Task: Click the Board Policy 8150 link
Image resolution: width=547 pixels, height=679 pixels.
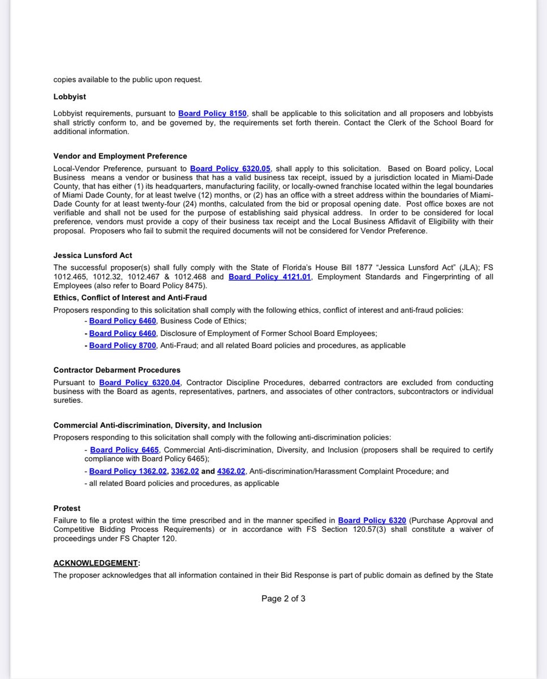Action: pyautogui.click(x=212, y=114)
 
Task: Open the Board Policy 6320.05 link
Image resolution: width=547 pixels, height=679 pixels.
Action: pyautogui.click(x=230, y=169)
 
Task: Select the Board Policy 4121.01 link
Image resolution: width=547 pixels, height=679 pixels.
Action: pyautogui.click(x=269, y=277)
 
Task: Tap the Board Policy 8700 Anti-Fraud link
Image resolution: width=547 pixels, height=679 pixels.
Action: pyautogui.click(x=122, y=345)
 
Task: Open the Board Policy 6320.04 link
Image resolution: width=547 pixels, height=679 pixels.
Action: pyautogui.click(x=139, y=383)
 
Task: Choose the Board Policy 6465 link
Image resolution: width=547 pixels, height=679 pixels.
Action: pyautogui.click(x=124, y=450)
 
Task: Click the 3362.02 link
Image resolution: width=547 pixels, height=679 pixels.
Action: pyautogui.click(x=185, y=471)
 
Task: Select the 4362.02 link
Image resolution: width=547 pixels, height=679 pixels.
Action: pyautogui.click(x=231, y=471)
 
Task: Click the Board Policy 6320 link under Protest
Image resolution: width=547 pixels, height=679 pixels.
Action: pyautogui.click(x=372, y=520)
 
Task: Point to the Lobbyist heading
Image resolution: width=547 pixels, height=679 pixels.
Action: pyautogui.click(x=70, y=97)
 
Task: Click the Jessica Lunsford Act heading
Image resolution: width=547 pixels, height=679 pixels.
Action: pyautogui.click(x=93, y=256)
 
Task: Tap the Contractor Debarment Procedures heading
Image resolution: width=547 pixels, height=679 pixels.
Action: pyautogui.click(x=117, y=370)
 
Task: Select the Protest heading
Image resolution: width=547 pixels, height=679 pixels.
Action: pyautogui.click(x=67, y=508)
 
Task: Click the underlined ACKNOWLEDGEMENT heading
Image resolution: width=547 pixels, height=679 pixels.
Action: pyautogui.click(x=96, y=563)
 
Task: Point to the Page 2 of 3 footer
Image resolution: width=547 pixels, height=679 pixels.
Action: pyautogui.click(x=283, y=599)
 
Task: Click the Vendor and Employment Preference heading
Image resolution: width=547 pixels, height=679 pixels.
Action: pyautogui.click(x=120, y=156)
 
